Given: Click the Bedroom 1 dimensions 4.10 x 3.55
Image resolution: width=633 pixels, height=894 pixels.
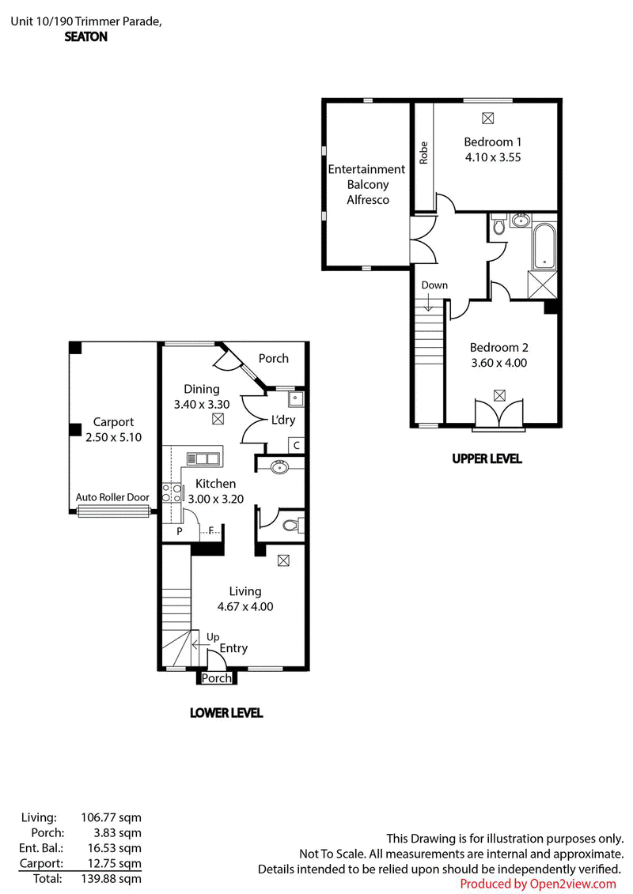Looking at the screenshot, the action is [493, 157].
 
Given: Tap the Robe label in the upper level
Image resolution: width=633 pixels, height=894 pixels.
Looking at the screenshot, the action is [423, 153].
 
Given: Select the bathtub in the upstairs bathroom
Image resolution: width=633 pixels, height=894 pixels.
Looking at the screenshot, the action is [544, 247].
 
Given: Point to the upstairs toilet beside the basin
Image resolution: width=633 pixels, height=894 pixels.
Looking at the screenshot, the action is [498, 224].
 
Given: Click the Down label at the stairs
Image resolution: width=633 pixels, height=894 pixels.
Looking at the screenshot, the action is [434, 285].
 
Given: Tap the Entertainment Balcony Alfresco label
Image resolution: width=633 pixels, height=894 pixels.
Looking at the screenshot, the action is [366, 185].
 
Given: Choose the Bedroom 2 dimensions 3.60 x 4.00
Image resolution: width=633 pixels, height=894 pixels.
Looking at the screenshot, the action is [498, 363].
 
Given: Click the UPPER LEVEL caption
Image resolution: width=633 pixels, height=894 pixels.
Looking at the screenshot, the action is [487, 458].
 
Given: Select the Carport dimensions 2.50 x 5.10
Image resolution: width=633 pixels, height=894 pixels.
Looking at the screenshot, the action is [114, 437].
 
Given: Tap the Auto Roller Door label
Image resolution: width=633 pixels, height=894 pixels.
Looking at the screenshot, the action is [112, 497].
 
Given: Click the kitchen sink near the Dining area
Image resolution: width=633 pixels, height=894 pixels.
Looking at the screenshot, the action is [203, 458].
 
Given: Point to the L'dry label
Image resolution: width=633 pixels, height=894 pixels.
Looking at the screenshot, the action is [283, 421].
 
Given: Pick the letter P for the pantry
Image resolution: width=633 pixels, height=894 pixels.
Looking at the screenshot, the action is [180, 531].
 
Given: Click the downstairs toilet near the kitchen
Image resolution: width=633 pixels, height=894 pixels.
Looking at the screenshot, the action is [294, 525].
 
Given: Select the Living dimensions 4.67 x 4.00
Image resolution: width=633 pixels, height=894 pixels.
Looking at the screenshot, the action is [244, 606].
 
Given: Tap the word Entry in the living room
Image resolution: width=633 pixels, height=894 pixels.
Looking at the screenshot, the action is [233, 648].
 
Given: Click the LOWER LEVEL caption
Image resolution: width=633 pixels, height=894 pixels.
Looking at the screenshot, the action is [226, 713].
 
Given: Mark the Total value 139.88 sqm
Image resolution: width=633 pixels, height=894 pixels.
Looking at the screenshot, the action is [111, 879].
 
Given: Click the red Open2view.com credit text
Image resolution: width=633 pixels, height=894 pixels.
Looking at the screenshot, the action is [573, 885].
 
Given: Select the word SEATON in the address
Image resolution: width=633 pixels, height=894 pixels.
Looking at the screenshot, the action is [85, 37].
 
